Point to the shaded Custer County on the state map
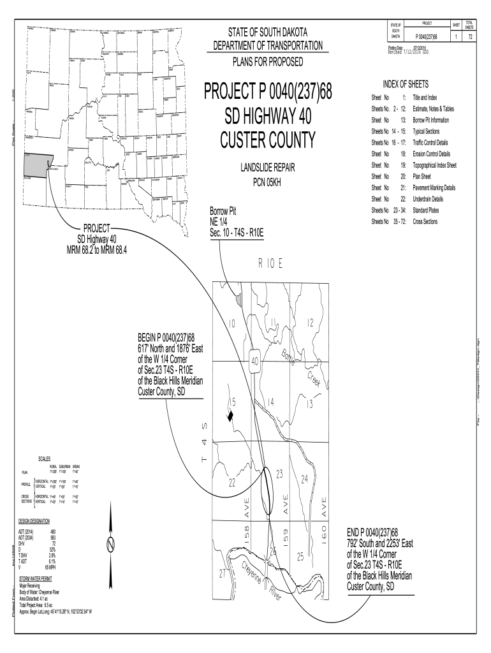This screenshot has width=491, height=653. (38, 165)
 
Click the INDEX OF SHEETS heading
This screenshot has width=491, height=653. (405, 85)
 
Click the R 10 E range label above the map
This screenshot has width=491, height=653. (270, 263)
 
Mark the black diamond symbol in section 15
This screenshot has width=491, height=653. (230, 416)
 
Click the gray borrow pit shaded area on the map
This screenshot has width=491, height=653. (239, 298)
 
